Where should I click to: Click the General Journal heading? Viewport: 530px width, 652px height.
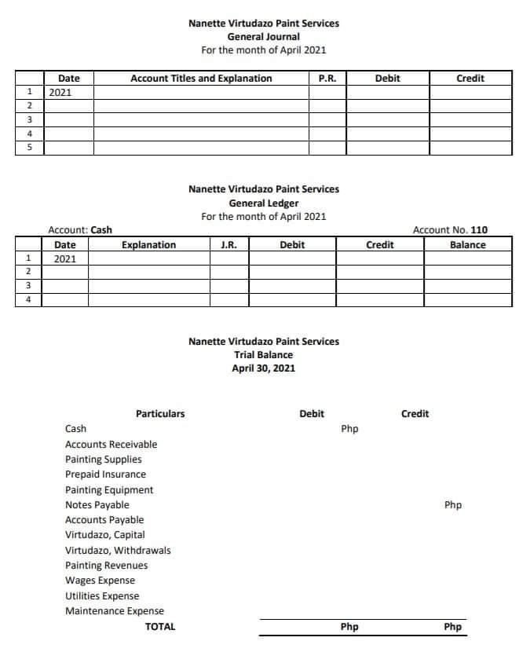pyautogui.click(x=263, y=36)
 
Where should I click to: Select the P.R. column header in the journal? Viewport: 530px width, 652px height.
pyautogui.click(x=327, y=79)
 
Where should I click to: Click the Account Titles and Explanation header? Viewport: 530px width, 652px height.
pyautogui.click(x=201, y=79)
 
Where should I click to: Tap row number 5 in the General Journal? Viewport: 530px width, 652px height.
pyautogui.click(x=29, y=148)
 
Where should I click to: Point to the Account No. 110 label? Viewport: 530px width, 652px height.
pyautogui.click(x=450, y=230)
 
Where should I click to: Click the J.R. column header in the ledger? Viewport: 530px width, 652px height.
pyautogui.click(x=229, y=245)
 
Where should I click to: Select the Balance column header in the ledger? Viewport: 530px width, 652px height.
pyautogui.click(x=467, y=245)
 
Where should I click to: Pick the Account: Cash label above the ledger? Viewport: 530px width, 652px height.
pyautogui.click(x=80, y=230)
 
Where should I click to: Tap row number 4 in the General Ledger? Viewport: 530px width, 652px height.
pyautogui.click(x=29, y=299)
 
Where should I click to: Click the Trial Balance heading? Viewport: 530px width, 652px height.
pyautogui.click(x=263, y=355)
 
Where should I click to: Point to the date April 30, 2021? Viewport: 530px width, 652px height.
pyautogui.click(x=263, y=368)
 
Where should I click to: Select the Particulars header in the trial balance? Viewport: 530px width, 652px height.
pyautogui.click(x=160, y=414)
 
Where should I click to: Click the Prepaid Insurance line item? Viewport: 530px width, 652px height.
pyautogui.click(x=105, y=474)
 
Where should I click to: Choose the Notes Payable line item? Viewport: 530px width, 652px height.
pyautogui.click(x=97, y=505)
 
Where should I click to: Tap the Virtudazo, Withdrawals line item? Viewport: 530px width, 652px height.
pyautogui.click(x=118, y=551)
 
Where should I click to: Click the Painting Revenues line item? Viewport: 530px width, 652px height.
pyautogui.click(x=106, y=566)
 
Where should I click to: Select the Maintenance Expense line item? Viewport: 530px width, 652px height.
pyautogui.click(x=115, y=611)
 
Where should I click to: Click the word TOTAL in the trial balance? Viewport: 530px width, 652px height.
pyautogui.click(x=160, y=627)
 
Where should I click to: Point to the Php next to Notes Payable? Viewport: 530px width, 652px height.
pyautogui.click(x=453, y=505)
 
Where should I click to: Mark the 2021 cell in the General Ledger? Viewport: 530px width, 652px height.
pyautogui.click(x=65, y=258)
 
